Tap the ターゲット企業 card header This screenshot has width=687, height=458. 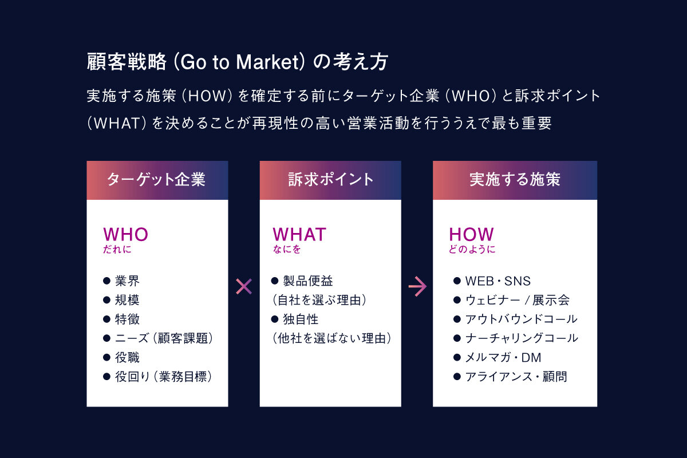(x=157, y=180)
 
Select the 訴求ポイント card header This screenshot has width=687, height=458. (x=330, y=180)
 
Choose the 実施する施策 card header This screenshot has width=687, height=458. (x=515, y=180)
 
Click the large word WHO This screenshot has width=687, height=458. (x=125, y=234)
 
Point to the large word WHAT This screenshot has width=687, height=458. (x=299, y=234)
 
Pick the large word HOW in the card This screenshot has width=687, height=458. (x=471, y=234)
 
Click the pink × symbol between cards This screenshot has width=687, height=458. (x=244, y=286)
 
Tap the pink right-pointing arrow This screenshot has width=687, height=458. (x=417, y=286)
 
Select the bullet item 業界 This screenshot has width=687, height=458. (x=127, y=281)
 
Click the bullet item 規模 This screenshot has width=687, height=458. (x=127, y=300)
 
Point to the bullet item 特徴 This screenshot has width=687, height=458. (x=127, y=319)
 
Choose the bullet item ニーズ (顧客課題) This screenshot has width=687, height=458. (x=164, y=338)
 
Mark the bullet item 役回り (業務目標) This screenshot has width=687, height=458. (x=163, y=377)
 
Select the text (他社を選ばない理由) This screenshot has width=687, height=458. (x=331, y=338)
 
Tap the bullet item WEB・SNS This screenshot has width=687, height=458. (x=498, y=281)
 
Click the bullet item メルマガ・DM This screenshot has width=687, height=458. (x=503, y=358)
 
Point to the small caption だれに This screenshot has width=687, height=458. (x=113, y=250)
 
